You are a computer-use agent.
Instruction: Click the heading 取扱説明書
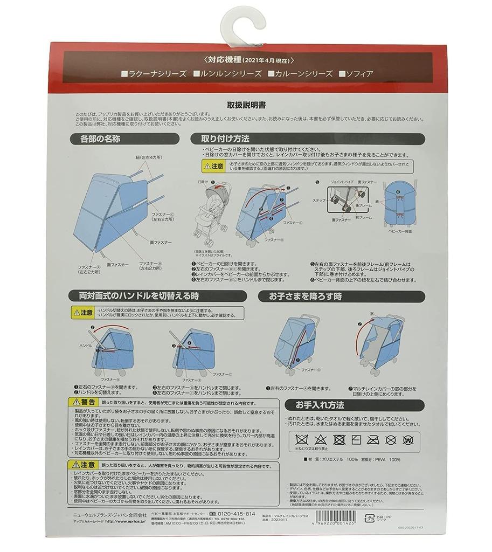point(246,106)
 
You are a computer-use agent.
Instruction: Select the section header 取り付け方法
point(225,139)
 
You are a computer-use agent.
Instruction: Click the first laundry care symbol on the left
point(300,439)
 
